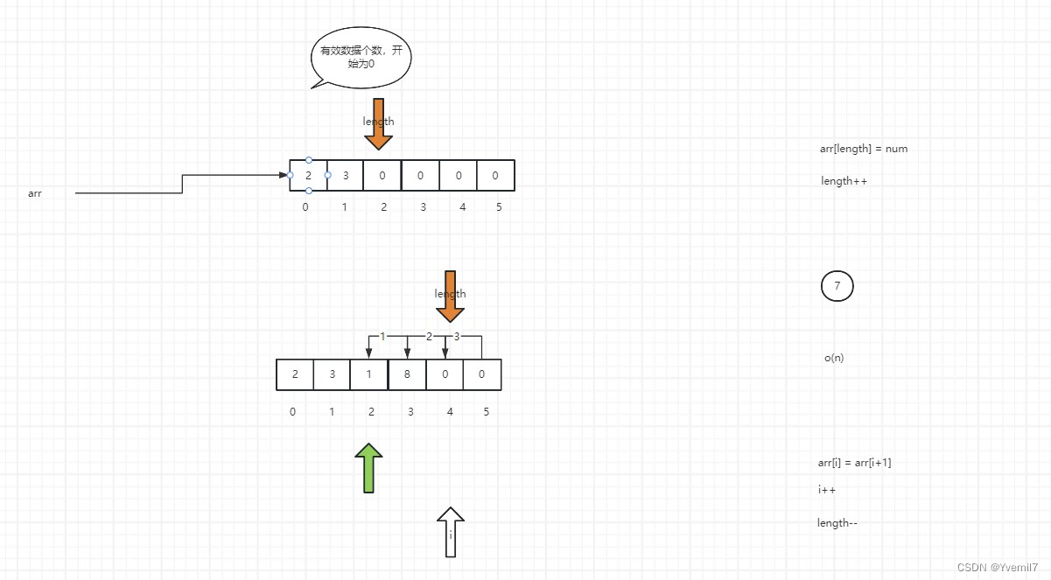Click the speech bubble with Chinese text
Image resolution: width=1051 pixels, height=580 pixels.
[x=361, y=57]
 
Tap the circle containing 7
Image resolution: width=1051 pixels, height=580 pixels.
[x=837, y=286]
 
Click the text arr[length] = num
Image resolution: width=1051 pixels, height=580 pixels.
[x=863, y=149]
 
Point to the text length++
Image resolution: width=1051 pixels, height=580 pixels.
[x=844, y=181]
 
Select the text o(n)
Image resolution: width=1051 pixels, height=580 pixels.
[x=834, y=358]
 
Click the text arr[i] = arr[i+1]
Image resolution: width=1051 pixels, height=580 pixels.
[x=854, y=463]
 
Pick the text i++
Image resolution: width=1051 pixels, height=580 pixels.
[x=827, y=490]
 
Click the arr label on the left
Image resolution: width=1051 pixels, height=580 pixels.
[x=35, y=193]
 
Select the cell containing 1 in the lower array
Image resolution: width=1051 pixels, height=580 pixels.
[x=369, y=374]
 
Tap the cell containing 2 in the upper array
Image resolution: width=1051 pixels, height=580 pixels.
[x=309, y=175]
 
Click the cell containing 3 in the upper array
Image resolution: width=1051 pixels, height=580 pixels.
[x=346, y=175]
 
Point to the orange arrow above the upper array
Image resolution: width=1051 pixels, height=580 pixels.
[x=379, y=124]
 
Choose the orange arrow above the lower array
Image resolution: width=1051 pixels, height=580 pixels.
[x=451, y=297]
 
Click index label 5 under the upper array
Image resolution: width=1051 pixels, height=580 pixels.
[x=498, y=207]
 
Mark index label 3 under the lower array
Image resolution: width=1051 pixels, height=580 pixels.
[x=410, y=411]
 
